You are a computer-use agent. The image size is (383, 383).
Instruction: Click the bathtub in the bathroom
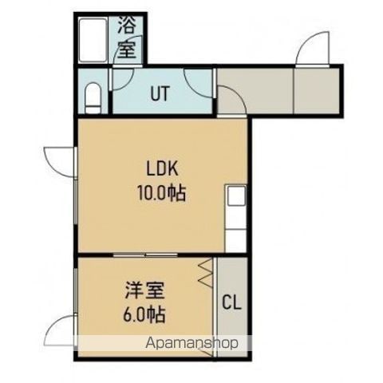pos(93,41)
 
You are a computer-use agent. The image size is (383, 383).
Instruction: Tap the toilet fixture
pos(93,97)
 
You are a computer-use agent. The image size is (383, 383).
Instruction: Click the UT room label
pos(160,93)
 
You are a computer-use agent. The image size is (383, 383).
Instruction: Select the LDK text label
pos(162,168)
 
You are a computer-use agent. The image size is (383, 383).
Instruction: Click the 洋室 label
pos(145,291)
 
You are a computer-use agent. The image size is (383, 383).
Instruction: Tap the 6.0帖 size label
pos(144,314)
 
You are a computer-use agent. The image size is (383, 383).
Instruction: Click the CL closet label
pos(231,302)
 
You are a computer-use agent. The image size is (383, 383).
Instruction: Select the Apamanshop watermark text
pos(191,343)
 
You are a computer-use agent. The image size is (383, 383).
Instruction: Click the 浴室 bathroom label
pos(127,37)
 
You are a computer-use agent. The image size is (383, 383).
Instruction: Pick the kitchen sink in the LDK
pos(235,195)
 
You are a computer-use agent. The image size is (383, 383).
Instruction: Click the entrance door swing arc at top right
pos(312,48)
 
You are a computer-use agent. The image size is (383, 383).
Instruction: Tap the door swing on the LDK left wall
pos(60,161)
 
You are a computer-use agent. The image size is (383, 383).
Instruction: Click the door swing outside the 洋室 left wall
pos(60,330)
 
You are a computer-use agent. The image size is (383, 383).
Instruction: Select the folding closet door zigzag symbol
pos(206,274)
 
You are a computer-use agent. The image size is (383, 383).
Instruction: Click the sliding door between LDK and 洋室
pos(145,255)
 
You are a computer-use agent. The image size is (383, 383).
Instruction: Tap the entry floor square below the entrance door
pos(317,90)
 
